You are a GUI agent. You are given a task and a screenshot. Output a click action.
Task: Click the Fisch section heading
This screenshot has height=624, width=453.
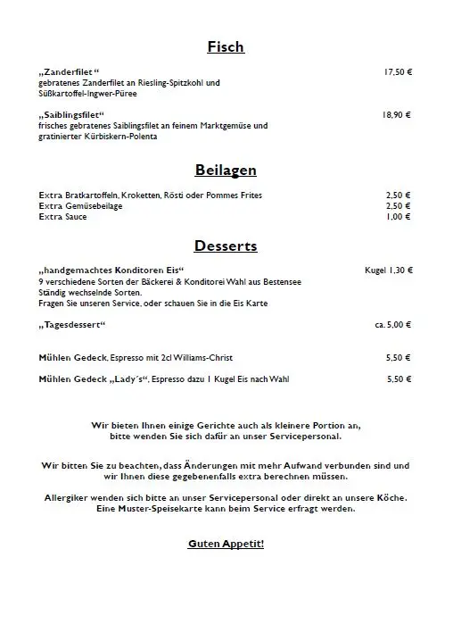point(226,47)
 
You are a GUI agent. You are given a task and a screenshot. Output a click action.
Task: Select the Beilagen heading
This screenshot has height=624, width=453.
point(226,170)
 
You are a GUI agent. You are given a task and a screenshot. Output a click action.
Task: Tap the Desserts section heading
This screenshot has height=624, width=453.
point(226,245)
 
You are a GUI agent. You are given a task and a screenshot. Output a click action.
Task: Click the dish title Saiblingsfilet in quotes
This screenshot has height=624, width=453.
point(72,115)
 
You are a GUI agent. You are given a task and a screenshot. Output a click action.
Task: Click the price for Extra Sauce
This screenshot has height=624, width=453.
point(399,217)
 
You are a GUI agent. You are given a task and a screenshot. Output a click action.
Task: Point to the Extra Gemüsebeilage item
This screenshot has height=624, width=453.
point(81,206)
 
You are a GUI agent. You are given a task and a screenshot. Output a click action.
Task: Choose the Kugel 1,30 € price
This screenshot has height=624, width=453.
point(389,270)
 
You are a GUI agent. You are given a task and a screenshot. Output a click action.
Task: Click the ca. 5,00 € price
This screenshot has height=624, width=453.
point(393,325)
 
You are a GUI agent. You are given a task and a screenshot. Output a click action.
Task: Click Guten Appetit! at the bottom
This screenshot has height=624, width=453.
point(226,544)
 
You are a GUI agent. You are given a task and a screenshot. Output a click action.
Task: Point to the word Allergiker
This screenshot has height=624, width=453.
point(69,497)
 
